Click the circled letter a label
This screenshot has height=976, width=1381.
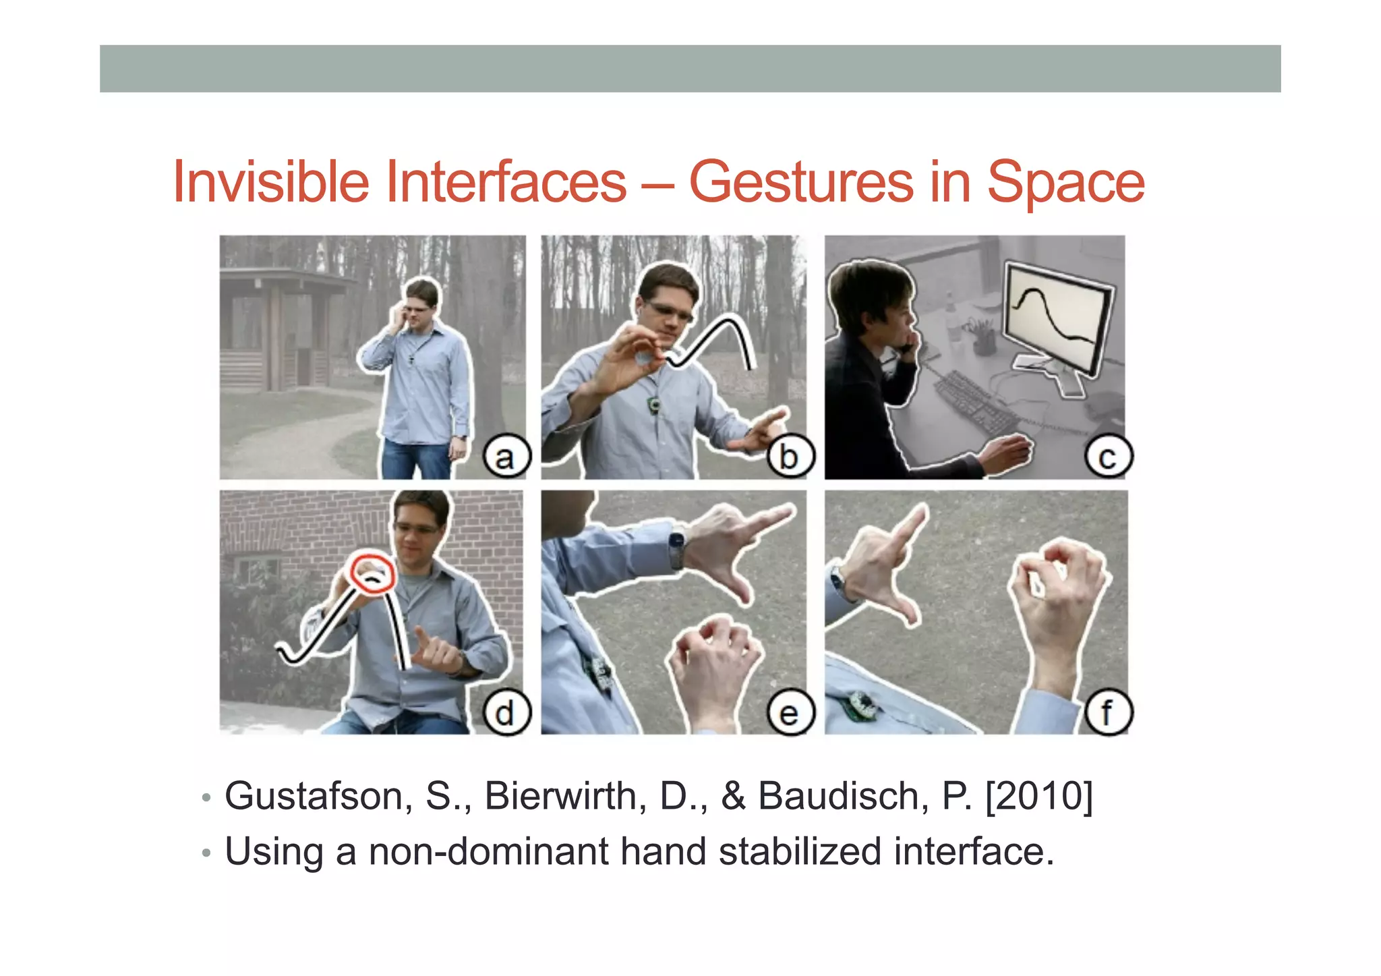[x=506, y=457]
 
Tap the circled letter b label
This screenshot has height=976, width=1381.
[x=790, y=457]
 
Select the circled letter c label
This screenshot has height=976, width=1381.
[x=1107, y=457]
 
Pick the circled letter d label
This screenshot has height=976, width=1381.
[x=506, y=712]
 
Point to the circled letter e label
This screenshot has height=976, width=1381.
[x=790, y=712]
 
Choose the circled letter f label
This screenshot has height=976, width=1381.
[x=1107, y=712]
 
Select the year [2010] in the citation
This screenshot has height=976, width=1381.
[x=1038, y=796]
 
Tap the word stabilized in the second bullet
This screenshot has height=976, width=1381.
[x=800, y=851]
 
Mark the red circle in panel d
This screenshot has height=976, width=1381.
[x=372, y=574]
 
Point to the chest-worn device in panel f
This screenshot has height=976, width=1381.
[x=860, y=705]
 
